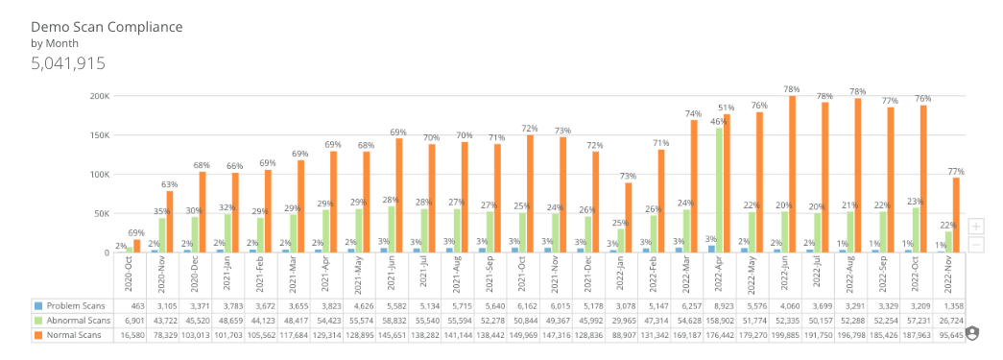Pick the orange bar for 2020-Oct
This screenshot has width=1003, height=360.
click(136, 246)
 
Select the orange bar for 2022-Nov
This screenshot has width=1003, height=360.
click(956, 215)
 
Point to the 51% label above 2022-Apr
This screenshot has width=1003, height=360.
click(727, 108)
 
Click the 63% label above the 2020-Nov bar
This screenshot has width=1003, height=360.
click(169, 184)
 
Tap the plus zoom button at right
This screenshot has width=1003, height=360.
click(976, 226)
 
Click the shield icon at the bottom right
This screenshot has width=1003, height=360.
click(972, 333)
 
